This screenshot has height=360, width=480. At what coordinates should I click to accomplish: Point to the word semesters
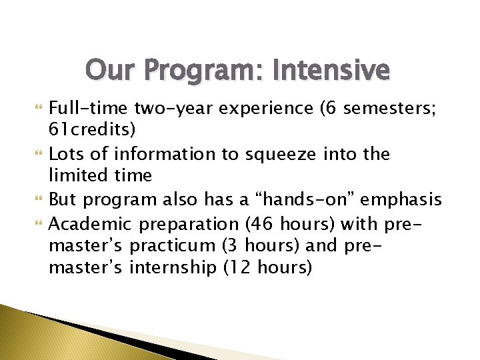pyautogui.click(x=397, y=109)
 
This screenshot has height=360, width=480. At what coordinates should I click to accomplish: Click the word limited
pyautogui.click(x=75, y=176)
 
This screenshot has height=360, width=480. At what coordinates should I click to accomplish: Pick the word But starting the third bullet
pyautogui.click(x=63, y=199)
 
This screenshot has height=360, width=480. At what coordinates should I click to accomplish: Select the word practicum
pyautogui.click(x=173, y=245)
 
